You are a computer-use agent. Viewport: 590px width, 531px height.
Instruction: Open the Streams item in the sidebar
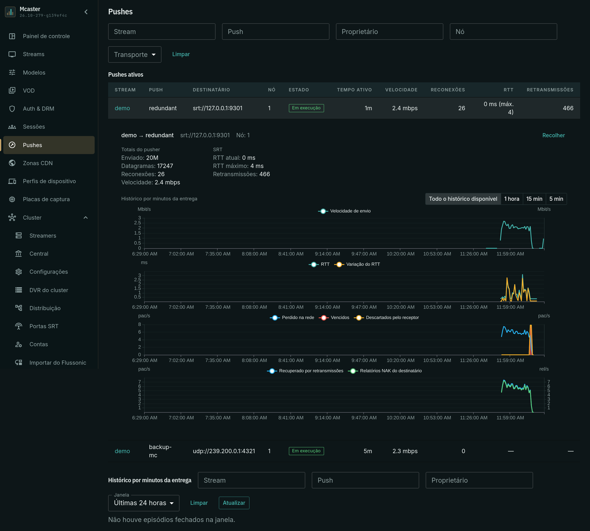34,54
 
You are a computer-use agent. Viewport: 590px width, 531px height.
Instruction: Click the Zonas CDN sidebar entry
38,163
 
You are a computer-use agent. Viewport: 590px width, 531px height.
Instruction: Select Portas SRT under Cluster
44,326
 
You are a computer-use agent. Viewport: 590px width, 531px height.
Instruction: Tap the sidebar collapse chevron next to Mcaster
86,12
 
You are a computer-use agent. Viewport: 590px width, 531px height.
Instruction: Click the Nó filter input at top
503,32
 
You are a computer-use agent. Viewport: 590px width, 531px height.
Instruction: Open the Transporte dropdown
135,54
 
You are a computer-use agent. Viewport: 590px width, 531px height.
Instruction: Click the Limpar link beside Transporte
181,54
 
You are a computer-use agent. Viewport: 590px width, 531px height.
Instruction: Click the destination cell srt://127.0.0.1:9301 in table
217,108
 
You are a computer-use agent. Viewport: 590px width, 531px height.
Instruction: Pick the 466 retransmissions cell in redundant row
568,108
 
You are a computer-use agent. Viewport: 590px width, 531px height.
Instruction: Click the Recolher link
553,135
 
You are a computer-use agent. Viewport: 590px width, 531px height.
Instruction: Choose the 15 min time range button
534,199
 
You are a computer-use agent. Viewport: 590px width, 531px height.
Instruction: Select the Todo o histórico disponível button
463,199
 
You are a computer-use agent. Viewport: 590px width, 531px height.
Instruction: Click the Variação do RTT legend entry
357,264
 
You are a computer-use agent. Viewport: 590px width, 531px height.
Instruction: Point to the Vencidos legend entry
334,318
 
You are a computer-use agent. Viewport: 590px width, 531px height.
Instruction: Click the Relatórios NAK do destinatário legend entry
385,371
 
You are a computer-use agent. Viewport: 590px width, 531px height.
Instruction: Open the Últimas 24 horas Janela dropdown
144,503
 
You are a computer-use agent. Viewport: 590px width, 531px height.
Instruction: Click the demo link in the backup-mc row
122,451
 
